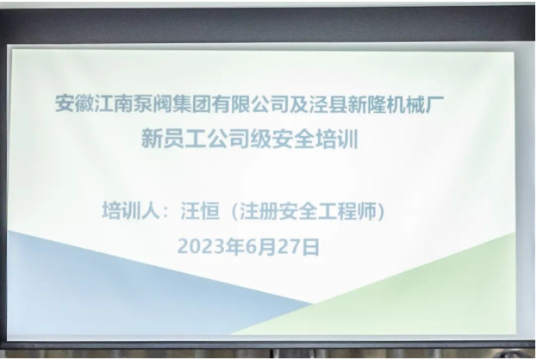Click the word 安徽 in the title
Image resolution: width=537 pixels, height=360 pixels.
coord(75,103)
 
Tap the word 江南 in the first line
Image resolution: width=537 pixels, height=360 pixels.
coord(114,103)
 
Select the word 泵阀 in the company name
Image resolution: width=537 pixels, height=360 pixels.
coord(153,103)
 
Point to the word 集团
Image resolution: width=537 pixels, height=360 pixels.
coord(191,103)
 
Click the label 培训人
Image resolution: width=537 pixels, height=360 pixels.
coord(131,211)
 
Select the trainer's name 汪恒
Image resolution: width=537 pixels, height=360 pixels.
coord(200,211)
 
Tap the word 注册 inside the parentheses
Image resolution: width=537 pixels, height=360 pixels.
coord(259,211)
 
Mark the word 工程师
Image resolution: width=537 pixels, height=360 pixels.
coord(347,211)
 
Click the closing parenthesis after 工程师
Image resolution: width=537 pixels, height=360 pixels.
coord(380,211)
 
